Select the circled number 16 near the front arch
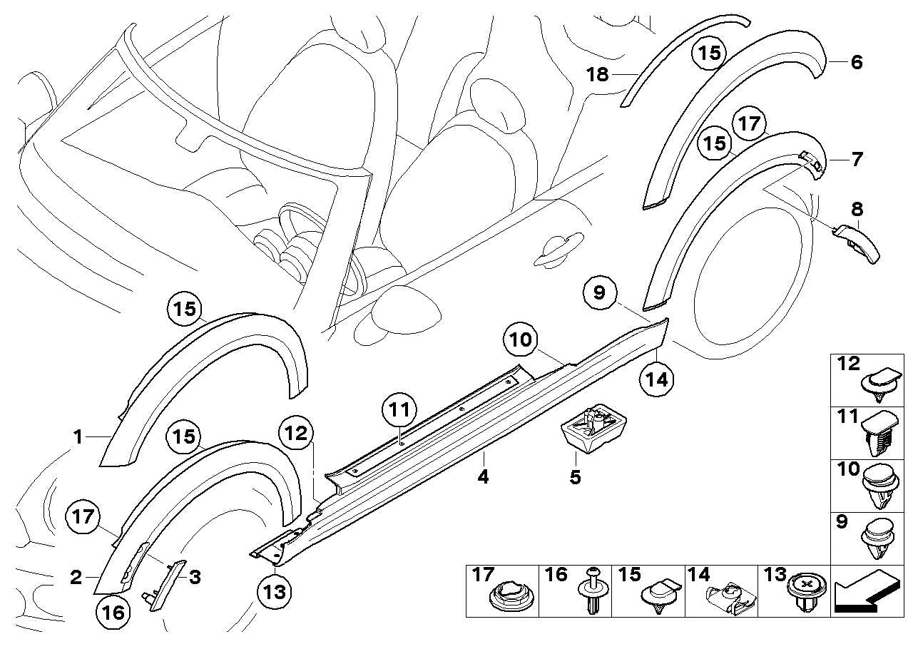tap(116, 611)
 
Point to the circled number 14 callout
tap(656, 380)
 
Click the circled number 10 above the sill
tap(521, 340)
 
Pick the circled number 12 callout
tap(295, 433)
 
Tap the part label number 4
tap(484, 477)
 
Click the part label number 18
tap(598, 74)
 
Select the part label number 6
tap(856, 63)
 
